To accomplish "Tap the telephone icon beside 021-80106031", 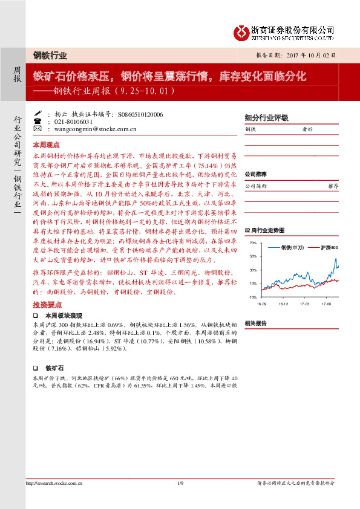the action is coord(38,121).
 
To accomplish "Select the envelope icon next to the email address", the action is coord(38,129).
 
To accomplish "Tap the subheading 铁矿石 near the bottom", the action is coord(54,367).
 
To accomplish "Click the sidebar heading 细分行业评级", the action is coord(266,117).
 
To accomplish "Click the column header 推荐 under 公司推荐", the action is coord(332,186).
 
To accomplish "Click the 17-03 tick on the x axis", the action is coord(304,305).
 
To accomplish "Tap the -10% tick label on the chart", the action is coord(252,297).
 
